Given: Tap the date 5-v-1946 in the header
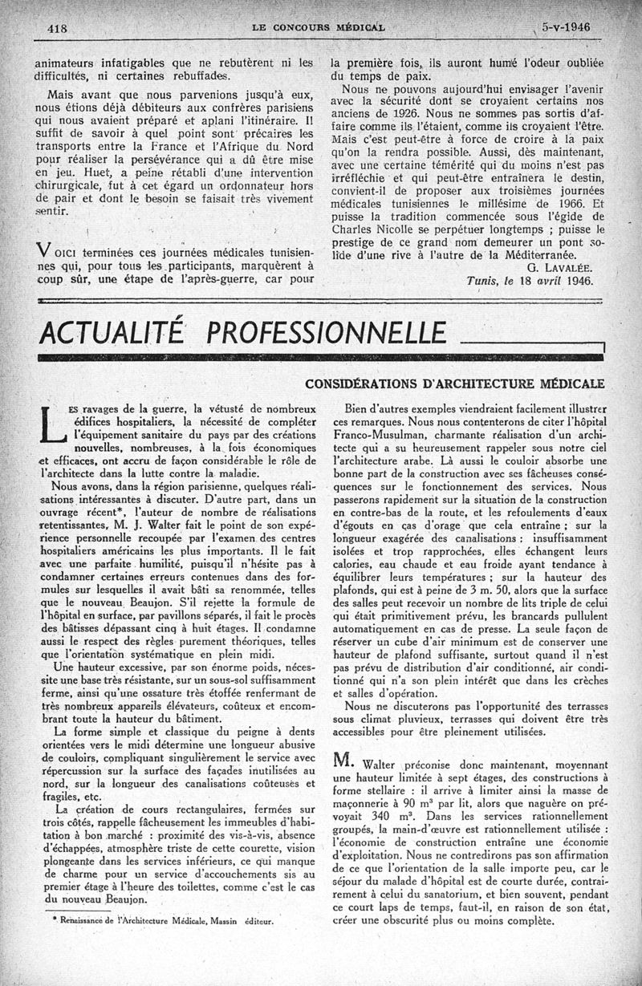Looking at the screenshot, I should click(566, 26).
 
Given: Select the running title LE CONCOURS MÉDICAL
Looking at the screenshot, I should click(318, 26).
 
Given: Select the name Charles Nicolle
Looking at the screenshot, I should click(377, 228).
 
